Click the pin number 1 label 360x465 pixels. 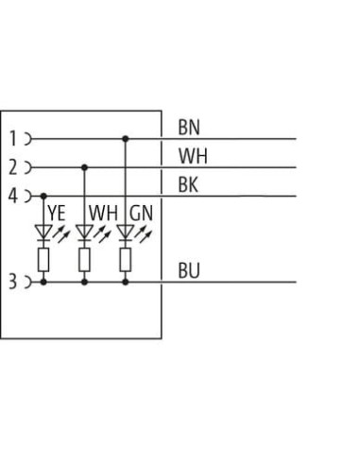pos(13,139)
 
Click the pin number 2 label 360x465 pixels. pos(12,167)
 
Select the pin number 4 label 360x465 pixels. pos(12,196)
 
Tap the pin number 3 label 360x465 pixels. pos(12,282)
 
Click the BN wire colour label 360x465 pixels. pos(189,128)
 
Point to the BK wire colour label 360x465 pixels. pos(188,184)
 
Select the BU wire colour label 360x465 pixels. pos(189,270)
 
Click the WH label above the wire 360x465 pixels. pos(193,156)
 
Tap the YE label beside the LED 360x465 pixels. pos(57,213)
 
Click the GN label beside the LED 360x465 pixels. pos(141,213)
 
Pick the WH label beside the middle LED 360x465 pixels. pos(103,213)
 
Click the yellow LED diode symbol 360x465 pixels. pos(43,232)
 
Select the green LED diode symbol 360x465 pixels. pos(126,232)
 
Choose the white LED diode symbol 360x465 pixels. pos(84,232)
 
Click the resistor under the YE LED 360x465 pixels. pos(43,260)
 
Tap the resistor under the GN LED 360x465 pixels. pos(126,260)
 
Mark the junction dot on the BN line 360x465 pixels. pos(126,139)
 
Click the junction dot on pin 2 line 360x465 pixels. pos(84,167)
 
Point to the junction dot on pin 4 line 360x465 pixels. pos(43,196)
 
